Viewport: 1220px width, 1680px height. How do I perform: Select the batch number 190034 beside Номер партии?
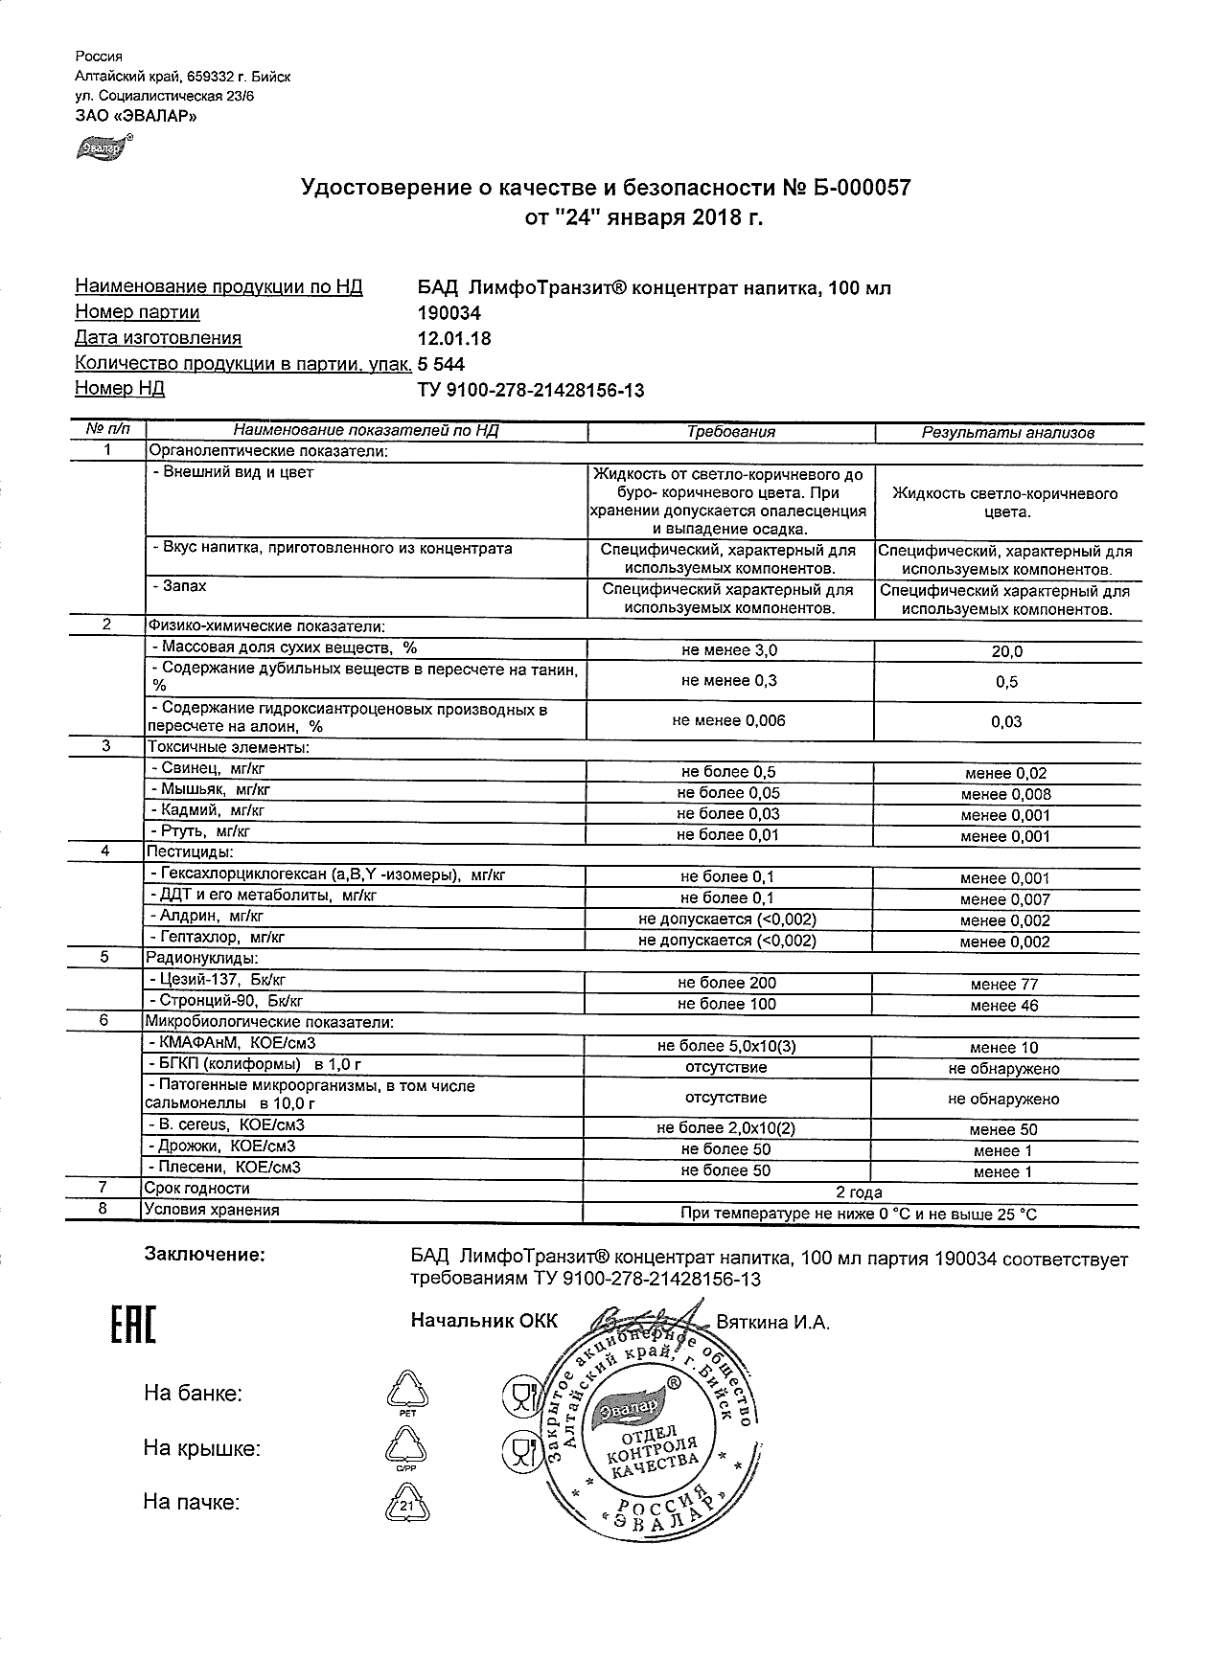pos(449,313)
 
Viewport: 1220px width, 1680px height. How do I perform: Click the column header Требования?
pos(730,432)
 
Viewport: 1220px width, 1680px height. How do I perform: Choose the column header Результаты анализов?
pos(1007,432)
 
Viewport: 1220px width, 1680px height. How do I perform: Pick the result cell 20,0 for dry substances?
pos(1006,651)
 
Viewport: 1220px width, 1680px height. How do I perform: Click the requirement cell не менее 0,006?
pos(729,720)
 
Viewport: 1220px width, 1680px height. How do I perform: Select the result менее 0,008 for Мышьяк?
pos(1005,794)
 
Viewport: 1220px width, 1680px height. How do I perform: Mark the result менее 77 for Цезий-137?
pos(1003,984)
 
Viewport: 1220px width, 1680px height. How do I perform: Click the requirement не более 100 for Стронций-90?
pos(726,1004)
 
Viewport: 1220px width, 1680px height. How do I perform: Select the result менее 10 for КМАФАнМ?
pos(1003,1048)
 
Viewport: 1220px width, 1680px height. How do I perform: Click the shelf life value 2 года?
pos(860,1192)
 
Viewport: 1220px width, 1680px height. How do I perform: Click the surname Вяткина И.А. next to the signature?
pos(772,1323)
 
